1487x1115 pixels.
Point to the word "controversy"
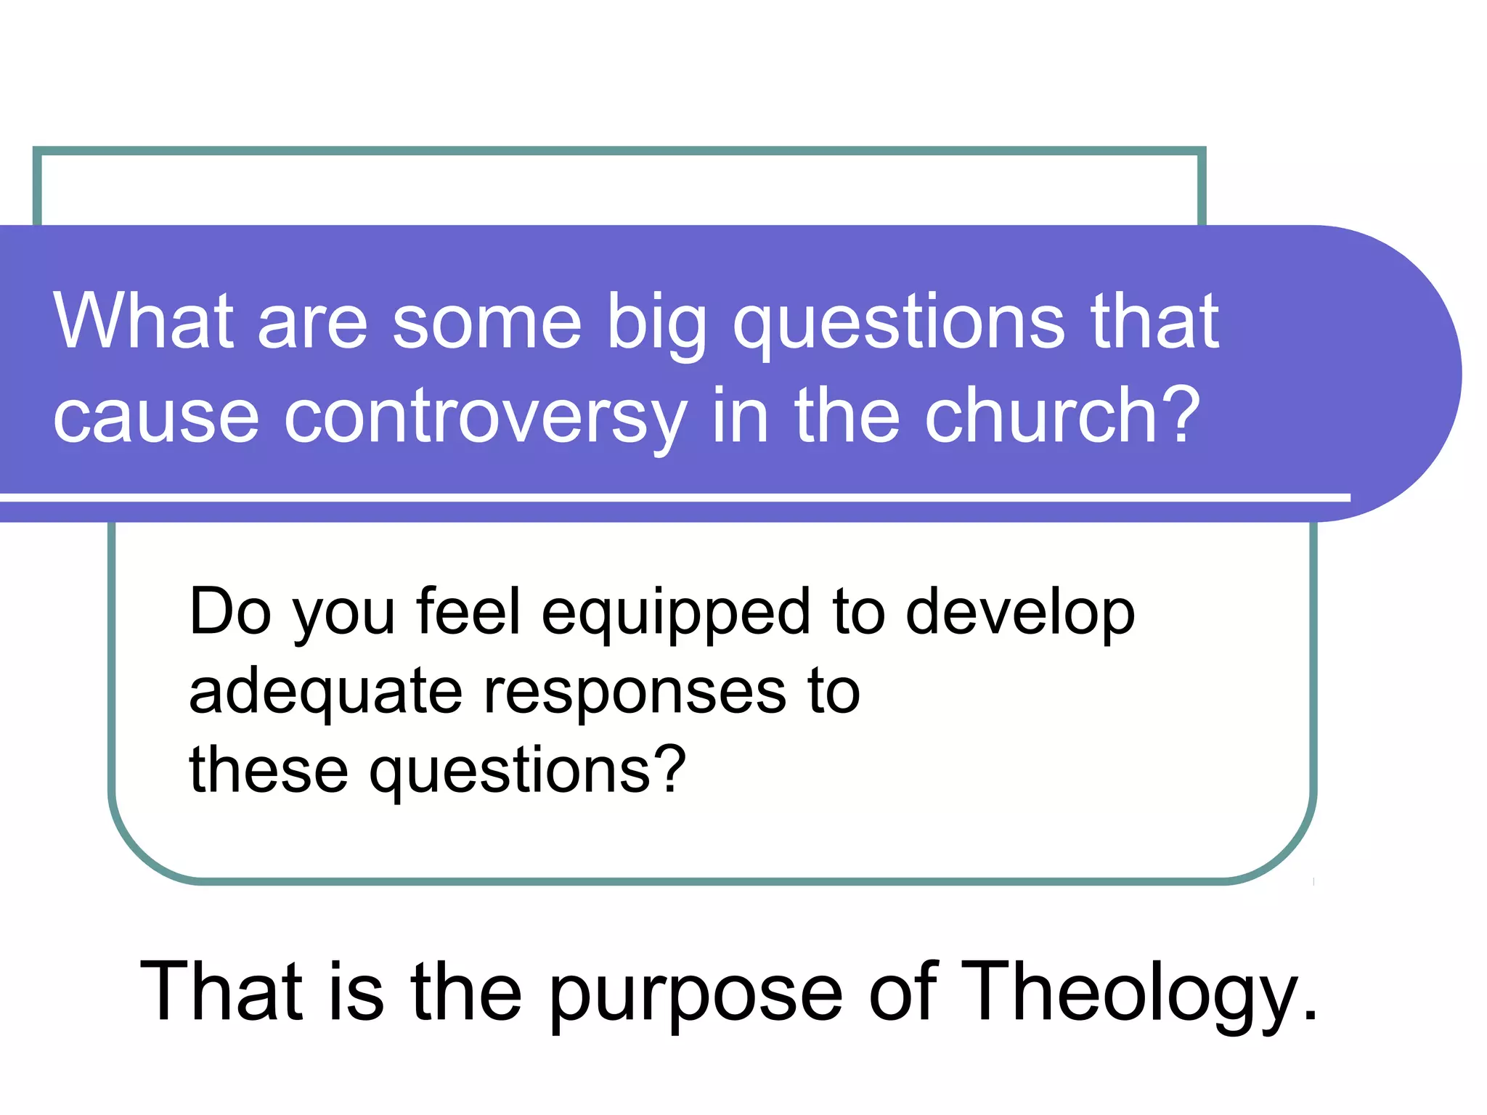click(x=485, y=417)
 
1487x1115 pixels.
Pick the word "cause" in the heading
click(x=156, y=418)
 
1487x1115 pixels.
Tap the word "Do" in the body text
click(x=230, y=612)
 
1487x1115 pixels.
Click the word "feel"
click(x=468, y=612)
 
